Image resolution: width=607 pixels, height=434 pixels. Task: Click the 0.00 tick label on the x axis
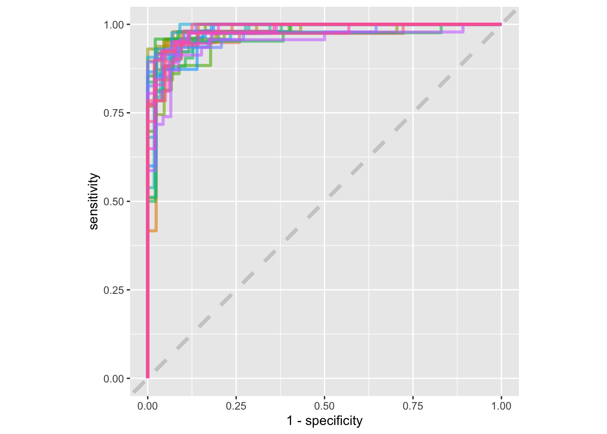click(148, 406)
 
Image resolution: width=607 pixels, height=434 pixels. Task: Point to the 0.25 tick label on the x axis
click(236, 406)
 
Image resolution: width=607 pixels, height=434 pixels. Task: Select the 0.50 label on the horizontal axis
click(324, 406)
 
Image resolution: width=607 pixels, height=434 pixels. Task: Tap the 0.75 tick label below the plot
click(413, 406)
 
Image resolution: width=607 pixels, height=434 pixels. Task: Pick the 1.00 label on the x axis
click(501, 406)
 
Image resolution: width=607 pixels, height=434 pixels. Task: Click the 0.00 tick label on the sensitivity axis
click(113, 379)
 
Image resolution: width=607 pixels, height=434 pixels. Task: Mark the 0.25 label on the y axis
click(113, 290)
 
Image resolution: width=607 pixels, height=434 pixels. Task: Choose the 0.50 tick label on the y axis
click(113, 202)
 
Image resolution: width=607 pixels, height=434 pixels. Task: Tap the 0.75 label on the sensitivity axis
click(113, 113)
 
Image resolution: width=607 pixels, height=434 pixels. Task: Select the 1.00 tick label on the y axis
click(113, 24)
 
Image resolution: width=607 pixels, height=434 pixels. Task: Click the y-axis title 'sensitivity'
click(93, 201)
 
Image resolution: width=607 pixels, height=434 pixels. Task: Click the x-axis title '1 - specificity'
click(324, 421)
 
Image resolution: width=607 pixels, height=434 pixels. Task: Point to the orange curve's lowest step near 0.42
click(153, 231)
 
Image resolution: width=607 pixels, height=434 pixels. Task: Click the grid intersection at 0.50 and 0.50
click(324, 201)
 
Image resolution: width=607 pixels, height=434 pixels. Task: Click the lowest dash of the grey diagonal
click(139, 387)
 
